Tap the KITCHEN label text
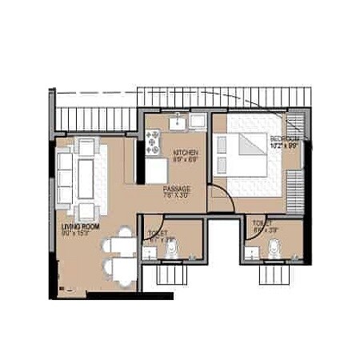pyautogui.click(x=186, y=151)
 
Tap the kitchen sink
pyautogui.click(x=177, y=124)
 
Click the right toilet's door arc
pyautogui.click(x=251, y=225)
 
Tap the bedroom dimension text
pyautogui.click(x=284, y=146)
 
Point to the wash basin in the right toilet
pyautogui.click(x=253, y=253)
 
